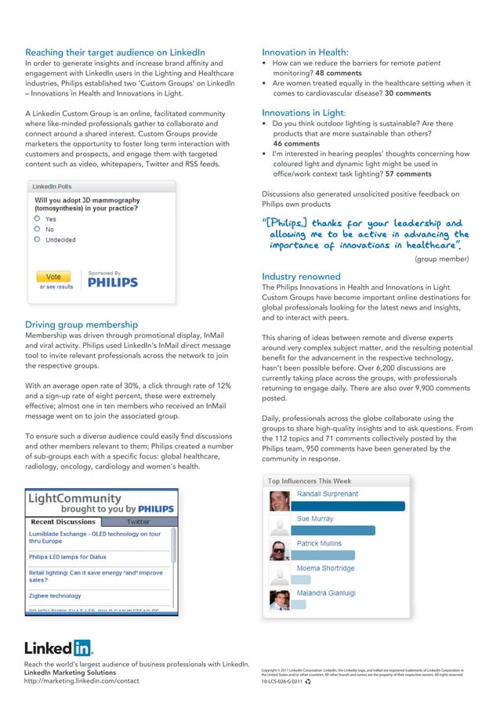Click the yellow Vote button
(53, 277)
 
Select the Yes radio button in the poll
(37, 219)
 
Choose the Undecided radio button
(37, 240)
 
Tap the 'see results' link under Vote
(56, 287)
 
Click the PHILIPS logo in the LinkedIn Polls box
(112, 282)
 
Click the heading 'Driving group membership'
(82, 324)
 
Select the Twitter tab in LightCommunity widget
(138, 521)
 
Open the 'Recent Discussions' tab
(63, 521)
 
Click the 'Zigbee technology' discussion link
(55, 596)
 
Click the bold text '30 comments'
(408, 93)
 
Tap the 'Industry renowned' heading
(301, 277)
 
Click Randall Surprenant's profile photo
(280, 502)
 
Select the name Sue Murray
(314, 519)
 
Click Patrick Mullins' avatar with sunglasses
(280, 551)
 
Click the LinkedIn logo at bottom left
(59, 647)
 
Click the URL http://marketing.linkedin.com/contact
(82, 681)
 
